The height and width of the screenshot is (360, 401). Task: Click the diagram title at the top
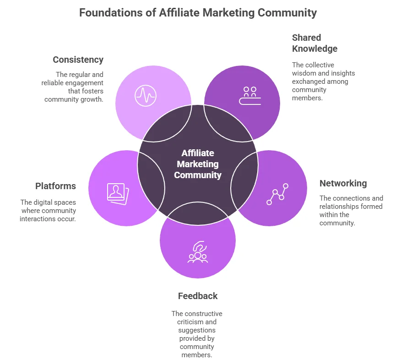pos(198,12)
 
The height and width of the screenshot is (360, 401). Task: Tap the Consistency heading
pos(78,60)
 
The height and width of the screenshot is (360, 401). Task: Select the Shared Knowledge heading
pos(314,43)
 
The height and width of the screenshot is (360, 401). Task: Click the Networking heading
pos(343,183)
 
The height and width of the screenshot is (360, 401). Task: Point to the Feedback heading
pos(198,296)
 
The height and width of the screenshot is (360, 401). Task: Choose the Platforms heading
pos(55,186)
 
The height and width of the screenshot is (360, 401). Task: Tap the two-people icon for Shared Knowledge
pos(250,95)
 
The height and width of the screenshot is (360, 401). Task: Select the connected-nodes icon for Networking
pos(277,194)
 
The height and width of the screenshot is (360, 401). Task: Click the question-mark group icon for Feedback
pos(198,251)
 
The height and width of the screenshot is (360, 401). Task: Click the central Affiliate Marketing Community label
pos(198,164)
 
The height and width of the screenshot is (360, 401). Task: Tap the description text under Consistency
pos(74,87)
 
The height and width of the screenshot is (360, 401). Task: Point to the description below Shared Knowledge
pos(323,82)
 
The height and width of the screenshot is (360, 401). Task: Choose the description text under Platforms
pos(48,211)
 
